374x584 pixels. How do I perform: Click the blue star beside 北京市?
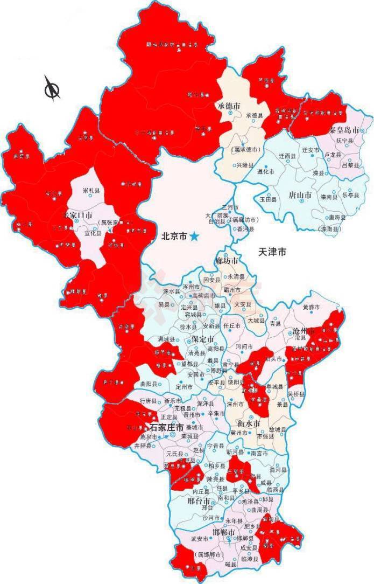[194, 236]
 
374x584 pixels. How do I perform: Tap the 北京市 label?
[174, 237]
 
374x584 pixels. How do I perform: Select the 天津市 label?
[272, 252]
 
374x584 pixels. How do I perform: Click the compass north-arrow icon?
[52, 89]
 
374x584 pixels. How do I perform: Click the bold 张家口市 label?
[79, 214]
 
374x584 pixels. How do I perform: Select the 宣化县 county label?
[93, 233]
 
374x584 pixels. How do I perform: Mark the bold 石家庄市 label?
[167, 427]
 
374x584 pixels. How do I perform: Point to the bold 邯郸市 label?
[224, 533]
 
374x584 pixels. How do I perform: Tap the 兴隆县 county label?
[245, 164]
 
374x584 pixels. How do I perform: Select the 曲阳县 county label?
[148, 385]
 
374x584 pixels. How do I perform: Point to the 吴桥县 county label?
[296, 394]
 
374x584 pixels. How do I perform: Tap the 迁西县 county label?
[287, 155]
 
